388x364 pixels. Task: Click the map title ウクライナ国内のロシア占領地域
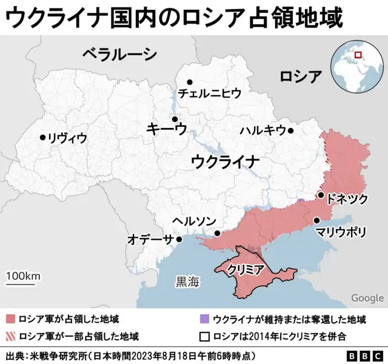(175, 18)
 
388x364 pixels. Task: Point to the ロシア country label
(300, 76)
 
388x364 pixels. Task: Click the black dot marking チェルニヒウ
(190, 82)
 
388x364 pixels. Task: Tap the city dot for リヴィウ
(42, 138)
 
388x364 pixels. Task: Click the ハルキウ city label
(263, 130)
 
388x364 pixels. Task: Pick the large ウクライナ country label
(225, 162)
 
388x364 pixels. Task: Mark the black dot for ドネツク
(321, 195)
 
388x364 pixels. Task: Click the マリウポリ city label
(341, 232)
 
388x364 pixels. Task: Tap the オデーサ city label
(150, 239)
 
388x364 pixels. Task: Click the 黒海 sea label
(187, 281)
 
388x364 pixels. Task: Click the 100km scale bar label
(23, 276)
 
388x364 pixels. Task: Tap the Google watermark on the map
(367, 297)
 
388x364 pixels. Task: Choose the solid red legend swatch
(10, 319)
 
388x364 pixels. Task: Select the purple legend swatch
(204, 319)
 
